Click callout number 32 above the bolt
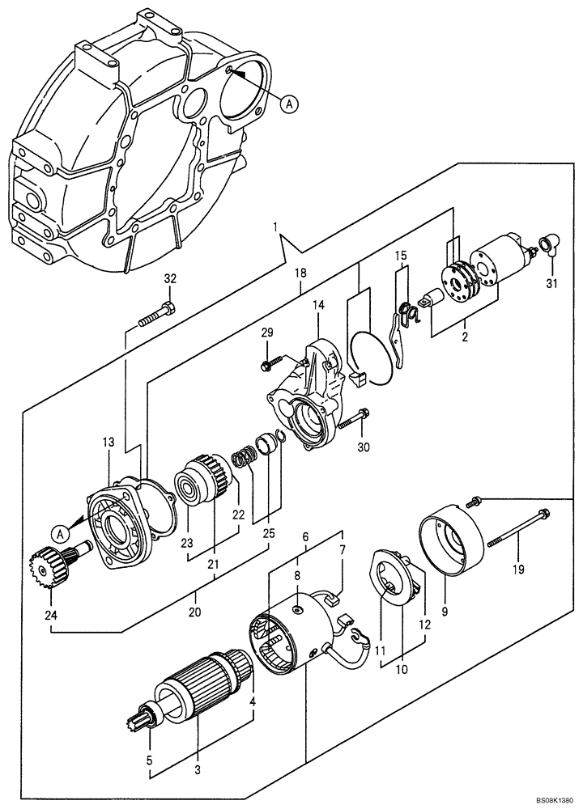[x=169, y=279]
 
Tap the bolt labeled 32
[x=157, y=315]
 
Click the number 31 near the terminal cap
[x=552, y=283]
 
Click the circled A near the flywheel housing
[x=290, y=103]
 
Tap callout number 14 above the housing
[x=318, y=305]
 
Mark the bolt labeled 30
[x=355, y=421]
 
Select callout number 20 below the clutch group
[x=194, y=613]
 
